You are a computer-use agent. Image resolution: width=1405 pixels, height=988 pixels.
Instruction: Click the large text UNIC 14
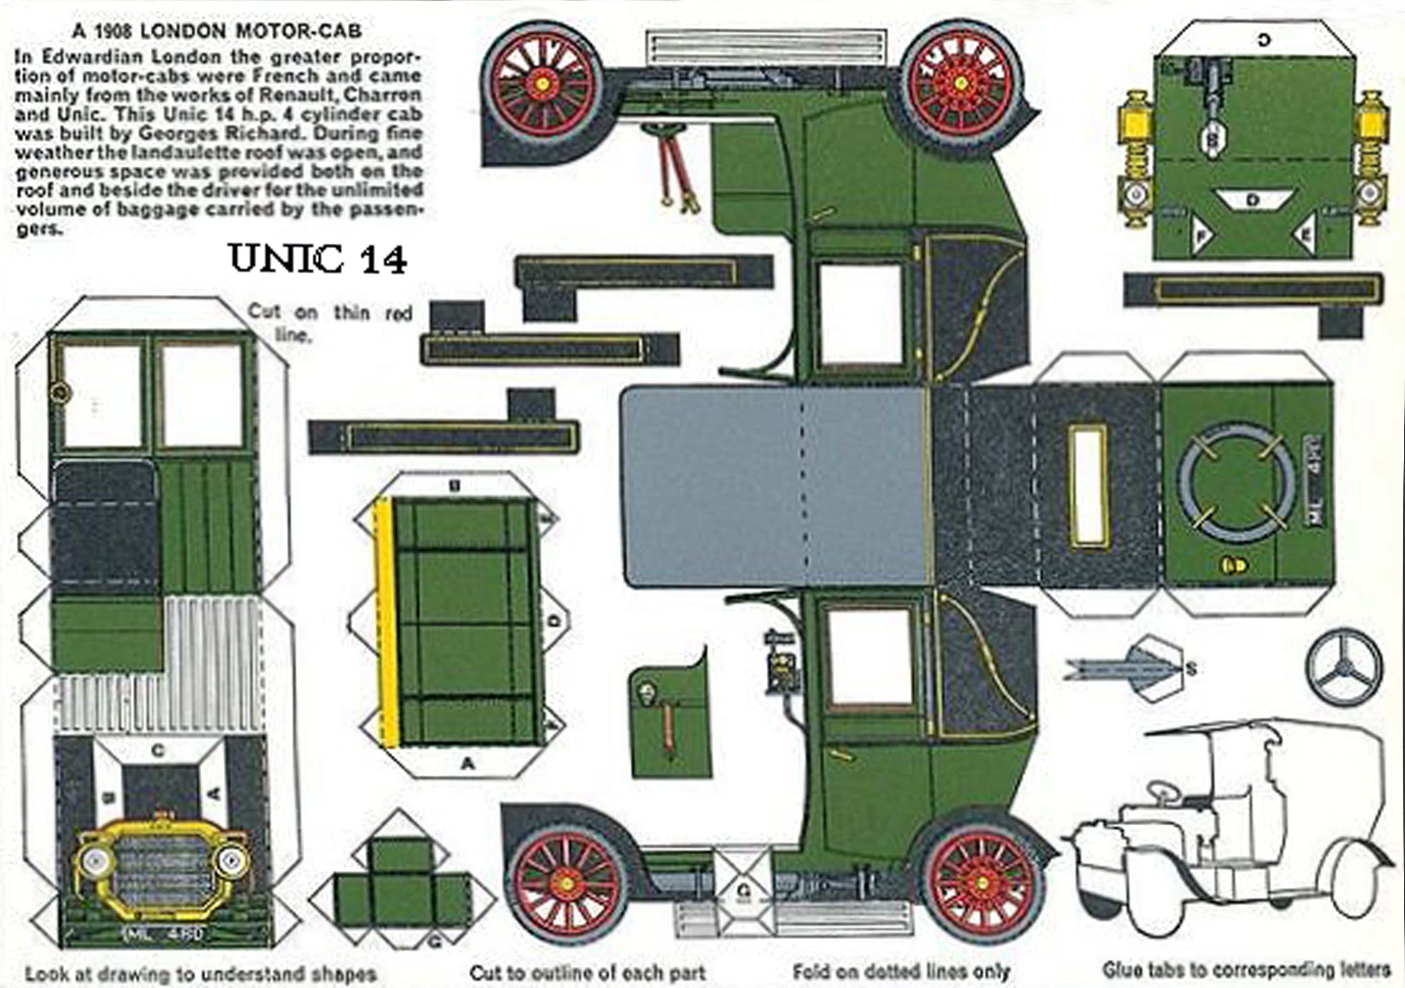click(318, 259)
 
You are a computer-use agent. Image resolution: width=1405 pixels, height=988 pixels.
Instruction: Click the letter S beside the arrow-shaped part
click(1191, 669)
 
